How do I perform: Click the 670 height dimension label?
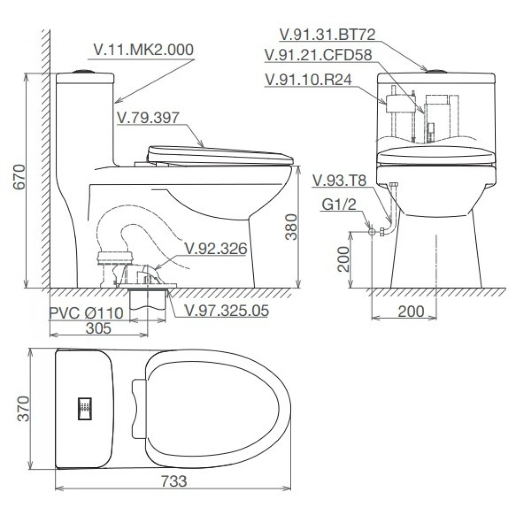tap(20, 177)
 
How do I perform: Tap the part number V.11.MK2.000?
tap(143, 50)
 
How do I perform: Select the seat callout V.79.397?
tap(148, 117)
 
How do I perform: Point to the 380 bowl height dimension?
tap(291, 227)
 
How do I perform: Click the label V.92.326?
tap(216, 249)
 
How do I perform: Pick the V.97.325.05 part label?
tap(227, 311)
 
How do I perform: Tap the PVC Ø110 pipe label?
tap(86, 313)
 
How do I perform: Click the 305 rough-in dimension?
tap(98, 328)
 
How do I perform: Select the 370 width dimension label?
tap(23, 409)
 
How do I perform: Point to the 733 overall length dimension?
tap(174, 481)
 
